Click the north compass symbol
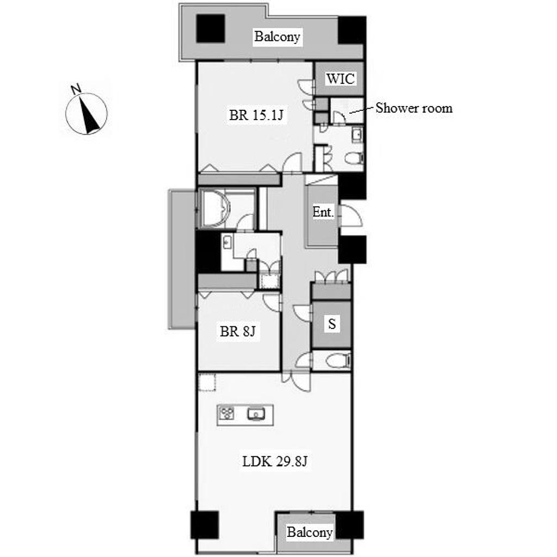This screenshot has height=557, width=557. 86,114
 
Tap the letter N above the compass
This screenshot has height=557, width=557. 76,89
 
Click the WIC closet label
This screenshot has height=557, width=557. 340,78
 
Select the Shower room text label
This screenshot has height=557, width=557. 414,108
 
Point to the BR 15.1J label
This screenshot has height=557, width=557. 256,115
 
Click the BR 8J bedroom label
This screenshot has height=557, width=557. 237,331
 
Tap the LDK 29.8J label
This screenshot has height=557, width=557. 275,461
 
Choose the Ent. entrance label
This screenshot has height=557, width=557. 323,212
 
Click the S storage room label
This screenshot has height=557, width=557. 332,324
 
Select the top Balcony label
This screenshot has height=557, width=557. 277,36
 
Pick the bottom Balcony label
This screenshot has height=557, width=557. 310,532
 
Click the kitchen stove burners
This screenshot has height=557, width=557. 226,414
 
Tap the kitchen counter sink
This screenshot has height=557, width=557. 256,414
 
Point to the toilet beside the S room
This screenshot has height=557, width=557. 338,361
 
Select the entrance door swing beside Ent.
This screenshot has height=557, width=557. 351,215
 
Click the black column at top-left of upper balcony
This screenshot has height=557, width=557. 211,28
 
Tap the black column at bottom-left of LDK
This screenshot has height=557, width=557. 205,525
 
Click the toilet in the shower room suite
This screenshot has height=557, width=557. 354,158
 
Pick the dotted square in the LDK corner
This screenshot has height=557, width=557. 207,382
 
